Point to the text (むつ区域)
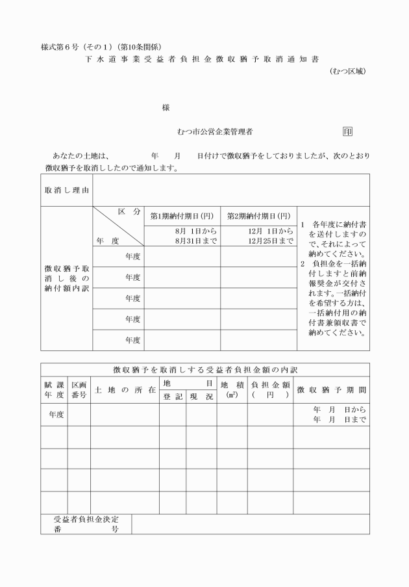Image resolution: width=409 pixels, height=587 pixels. [347, 71]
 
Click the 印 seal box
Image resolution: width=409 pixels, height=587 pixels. [347, 131]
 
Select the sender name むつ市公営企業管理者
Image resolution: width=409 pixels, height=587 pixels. [215, 131]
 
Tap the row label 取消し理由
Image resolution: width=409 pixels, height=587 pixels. [66, 190]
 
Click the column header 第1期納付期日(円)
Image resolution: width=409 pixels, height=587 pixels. [182, 216]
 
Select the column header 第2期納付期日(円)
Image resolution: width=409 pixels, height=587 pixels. [258, 216]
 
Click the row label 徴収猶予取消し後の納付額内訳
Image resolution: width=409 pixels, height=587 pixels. [66, 278]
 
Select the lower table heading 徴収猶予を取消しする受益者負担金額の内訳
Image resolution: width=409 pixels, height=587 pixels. [204, 369]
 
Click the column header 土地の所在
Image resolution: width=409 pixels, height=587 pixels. [125, 390]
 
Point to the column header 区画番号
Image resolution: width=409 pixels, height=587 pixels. [79, 390]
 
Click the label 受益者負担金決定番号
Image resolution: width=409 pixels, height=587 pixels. [86, 524]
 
